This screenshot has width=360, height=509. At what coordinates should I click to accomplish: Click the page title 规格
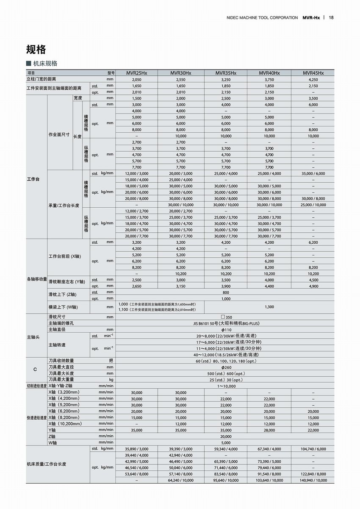[x=36, y=49]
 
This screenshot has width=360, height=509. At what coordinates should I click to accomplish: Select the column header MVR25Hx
[x=136, y=73]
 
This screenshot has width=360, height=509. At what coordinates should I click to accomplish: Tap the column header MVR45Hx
[x=313, y=73]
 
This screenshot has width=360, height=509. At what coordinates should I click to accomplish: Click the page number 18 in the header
[x=331, y=17]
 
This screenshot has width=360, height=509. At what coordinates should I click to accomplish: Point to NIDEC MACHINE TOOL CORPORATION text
[x=262, y=17]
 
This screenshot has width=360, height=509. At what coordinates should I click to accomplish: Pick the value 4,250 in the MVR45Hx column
[x=313, y=79]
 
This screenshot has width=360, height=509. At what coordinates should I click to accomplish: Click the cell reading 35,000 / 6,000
[x=313, y=173]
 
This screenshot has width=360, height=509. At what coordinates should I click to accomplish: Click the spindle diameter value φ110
[x=226, y=329]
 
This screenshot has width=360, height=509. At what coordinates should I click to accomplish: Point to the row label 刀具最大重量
[x=61, y=379]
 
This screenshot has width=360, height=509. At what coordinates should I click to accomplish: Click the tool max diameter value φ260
[x=226, y=367]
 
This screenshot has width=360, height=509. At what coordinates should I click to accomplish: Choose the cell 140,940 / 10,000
[x=313, y=480]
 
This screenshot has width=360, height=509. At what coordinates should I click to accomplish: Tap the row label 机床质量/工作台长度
[x=46, y=464]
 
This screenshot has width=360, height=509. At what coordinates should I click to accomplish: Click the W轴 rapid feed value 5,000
[x=226, y=442]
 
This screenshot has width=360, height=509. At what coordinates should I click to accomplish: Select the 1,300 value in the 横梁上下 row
[x=269, y=307]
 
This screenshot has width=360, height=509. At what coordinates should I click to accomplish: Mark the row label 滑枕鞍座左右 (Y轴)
[x=66, y=282]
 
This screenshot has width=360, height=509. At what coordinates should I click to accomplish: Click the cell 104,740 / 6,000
[x=313, y=449]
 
